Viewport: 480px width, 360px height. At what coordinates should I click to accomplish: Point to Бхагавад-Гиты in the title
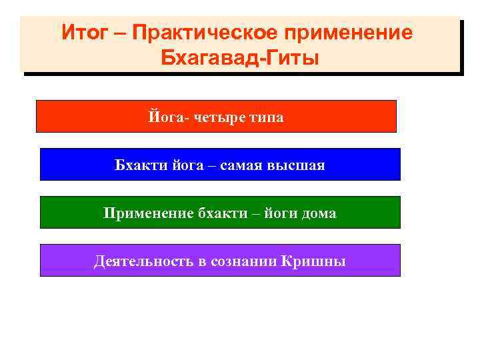pyautogui.click(x=240, y=58)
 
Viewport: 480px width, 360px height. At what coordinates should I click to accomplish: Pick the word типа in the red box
pyautogui.click(x=267, y=117)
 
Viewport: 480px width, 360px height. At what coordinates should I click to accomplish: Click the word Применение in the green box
pyautogui.click(x=148, y=213)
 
